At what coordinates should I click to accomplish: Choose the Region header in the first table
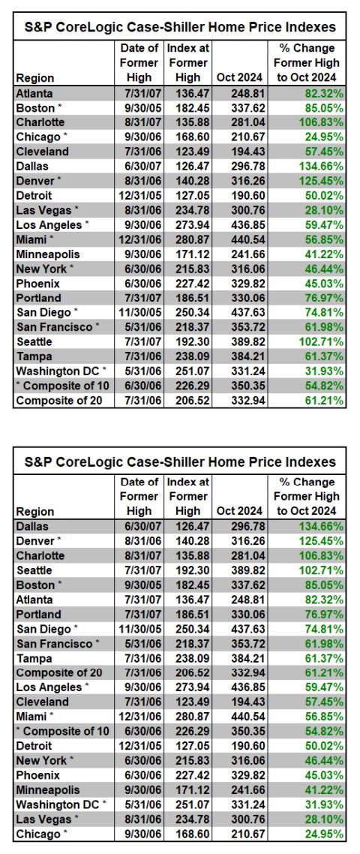34,77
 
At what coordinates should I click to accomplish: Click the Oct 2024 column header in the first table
240,77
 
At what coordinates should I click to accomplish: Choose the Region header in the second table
34,511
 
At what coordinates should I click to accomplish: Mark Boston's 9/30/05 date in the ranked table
140,585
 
